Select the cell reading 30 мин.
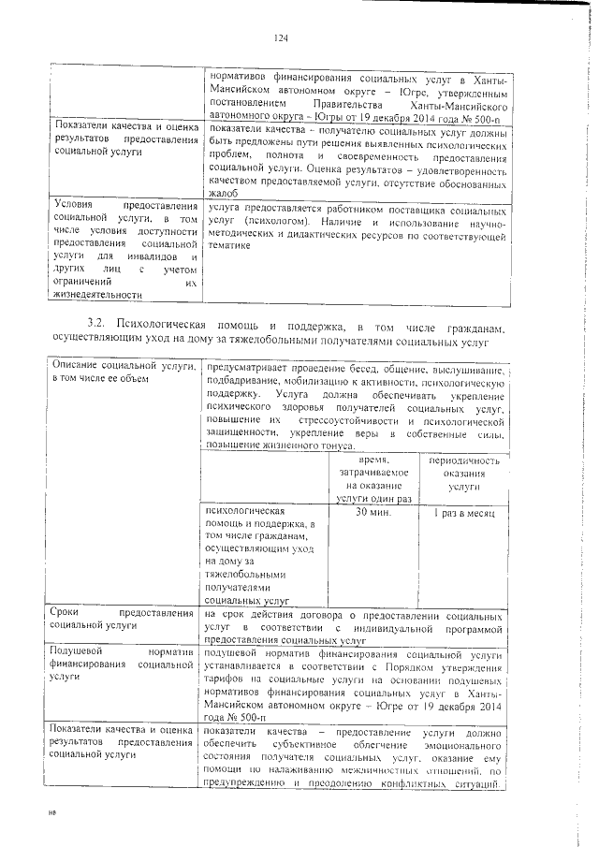(373, 514)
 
